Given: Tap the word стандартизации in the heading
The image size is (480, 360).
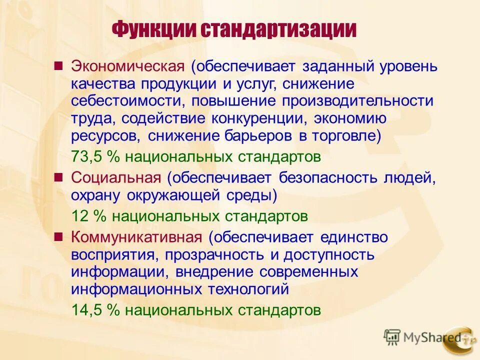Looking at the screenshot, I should [x=278, y=30].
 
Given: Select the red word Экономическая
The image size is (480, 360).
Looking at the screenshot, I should [x=128, y=66].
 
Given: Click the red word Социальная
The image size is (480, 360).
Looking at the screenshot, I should [x=116, y=177].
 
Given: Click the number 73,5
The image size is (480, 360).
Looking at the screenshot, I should [x=87, y=156].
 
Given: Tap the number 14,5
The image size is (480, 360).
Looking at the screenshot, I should [x=87, y=310].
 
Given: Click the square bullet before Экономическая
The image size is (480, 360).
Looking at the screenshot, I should [x=58, y=65].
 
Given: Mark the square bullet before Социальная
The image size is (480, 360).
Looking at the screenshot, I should [x=58, y=176].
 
